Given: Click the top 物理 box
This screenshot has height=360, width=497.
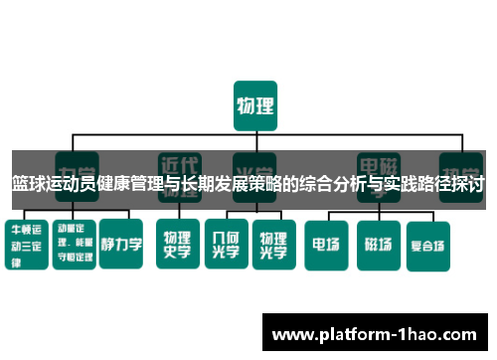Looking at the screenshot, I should [x=255, y=106].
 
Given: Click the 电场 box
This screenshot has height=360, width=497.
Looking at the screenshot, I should [x=326, y=243].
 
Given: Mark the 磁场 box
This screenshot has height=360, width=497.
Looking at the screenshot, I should [x=378, y=243].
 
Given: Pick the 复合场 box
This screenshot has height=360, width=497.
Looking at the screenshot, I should [x=429, y=243].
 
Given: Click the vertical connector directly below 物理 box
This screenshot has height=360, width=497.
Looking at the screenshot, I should [x=255, y=138].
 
